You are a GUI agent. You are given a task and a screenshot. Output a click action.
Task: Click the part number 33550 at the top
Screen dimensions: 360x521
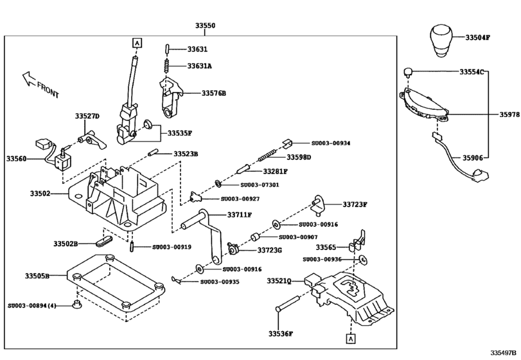pos(206,26)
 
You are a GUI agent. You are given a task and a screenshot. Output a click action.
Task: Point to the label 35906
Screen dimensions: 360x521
pos(472,157)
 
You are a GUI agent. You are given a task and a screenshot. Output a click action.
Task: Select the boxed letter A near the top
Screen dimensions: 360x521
pos(136,43)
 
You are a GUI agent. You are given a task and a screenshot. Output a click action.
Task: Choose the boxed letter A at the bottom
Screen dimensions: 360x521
pos(351,337)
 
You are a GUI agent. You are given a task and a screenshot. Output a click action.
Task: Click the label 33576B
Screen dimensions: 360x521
pos(214,93)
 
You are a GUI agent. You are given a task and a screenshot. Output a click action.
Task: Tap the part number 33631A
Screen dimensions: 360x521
pos(200,66)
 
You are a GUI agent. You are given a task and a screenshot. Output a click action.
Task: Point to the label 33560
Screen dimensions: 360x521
pos(17,157)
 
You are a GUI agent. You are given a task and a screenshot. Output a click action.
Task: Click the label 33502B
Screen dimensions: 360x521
pos(65,244)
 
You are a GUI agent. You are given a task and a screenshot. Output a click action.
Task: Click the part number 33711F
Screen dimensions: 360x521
pos(238,215)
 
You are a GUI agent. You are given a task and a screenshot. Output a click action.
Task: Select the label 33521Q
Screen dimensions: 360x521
pos(279,281)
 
